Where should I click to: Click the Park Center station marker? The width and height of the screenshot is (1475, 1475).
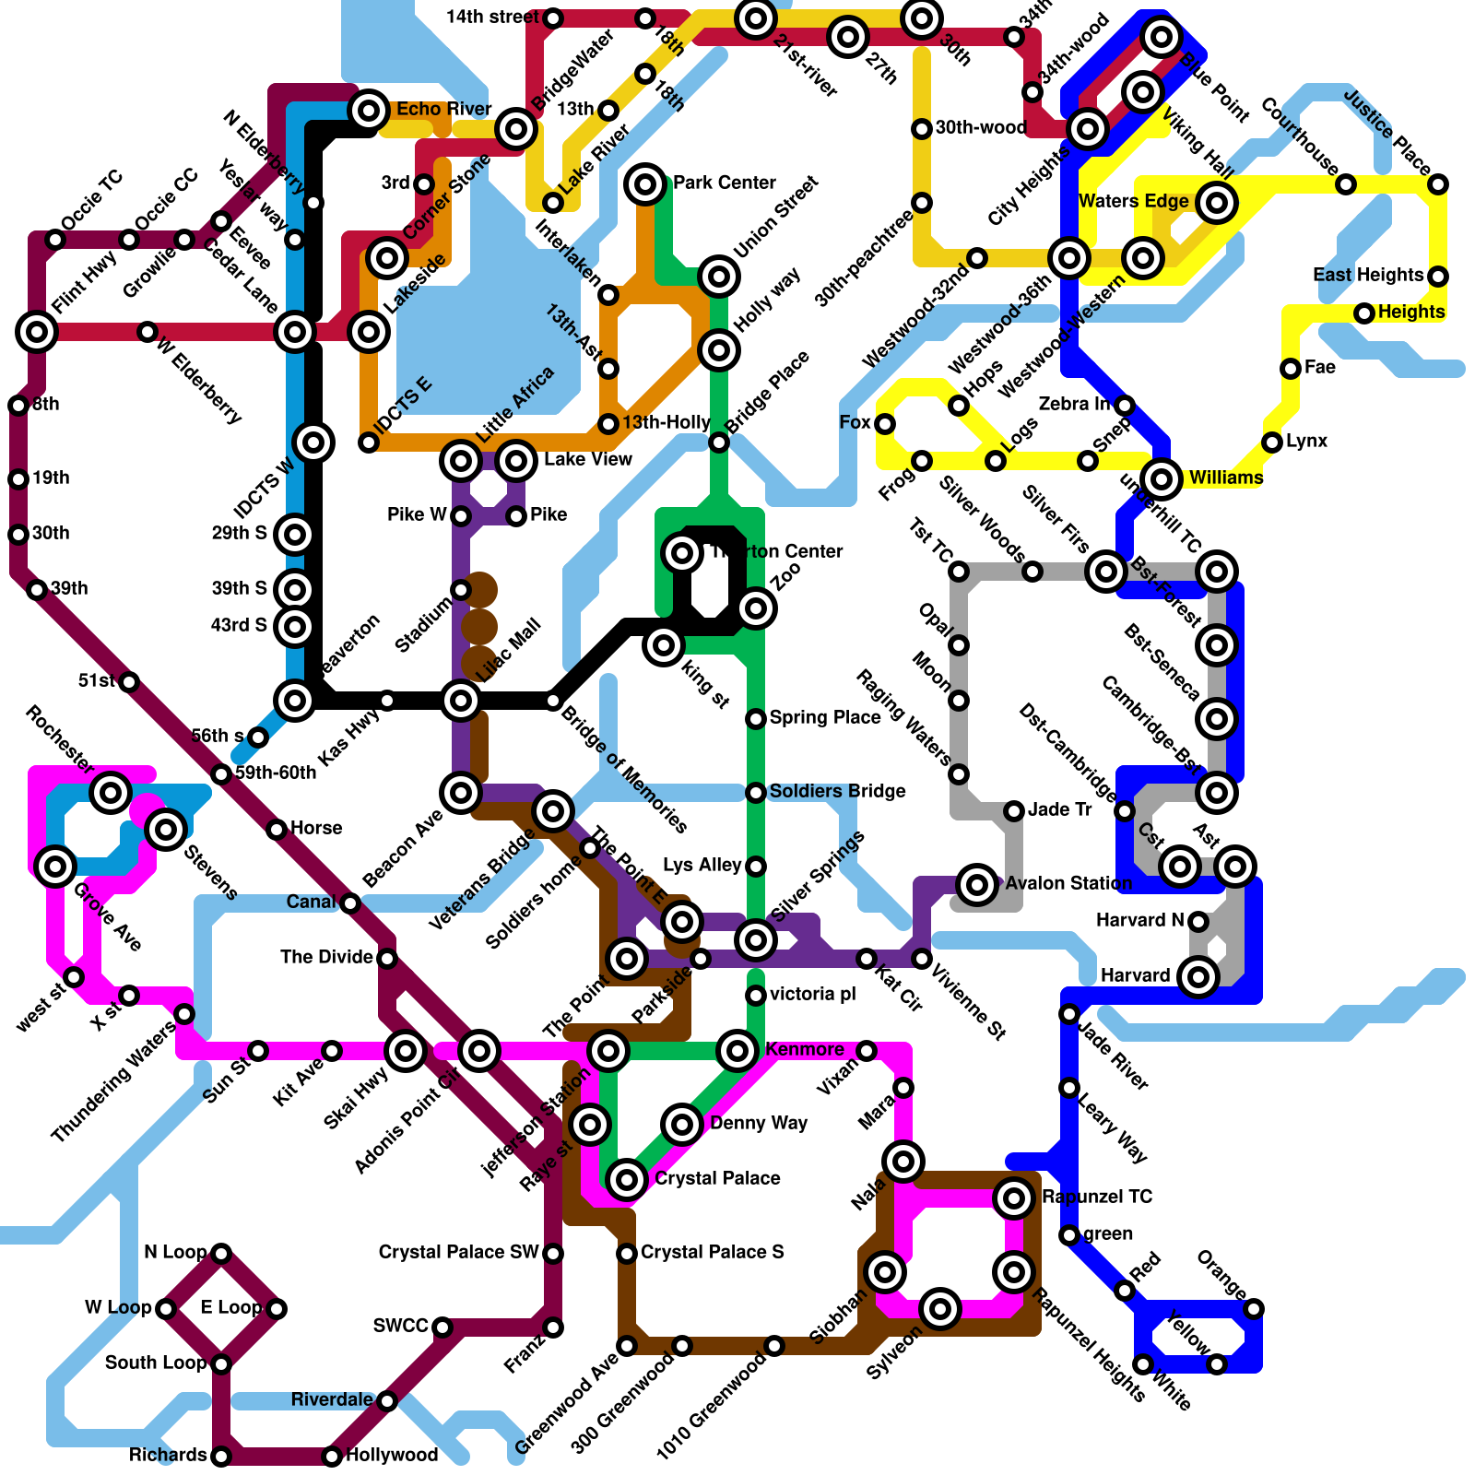[x=645, y=183]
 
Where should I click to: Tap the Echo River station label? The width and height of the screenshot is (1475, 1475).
[x=444, y=110]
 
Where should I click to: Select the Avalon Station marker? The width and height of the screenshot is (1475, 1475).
[x=977, y=884]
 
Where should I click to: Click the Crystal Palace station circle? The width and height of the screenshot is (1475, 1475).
[x=627, y=1179]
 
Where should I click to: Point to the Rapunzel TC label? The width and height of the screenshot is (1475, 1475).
[x=1097, y=1197]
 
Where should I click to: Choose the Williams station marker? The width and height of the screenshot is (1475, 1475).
[x=1162, y=478]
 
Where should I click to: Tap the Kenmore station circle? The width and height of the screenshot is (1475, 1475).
[x=737, y=1050]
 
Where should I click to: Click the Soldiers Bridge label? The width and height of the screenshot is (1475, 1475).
[x=837, y=791]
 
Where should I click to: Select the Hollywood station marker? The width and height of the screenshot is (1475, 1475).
[x=332, y=1457]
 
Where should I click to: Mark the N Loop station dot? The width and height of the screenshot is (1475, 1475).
[x=221, y=1253]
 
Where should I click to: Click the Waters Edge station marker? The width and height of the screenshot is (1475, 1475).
[x=1217, y=202]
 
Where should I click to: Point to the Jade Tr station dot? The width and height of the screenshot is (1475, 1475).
[x=1014, y=810]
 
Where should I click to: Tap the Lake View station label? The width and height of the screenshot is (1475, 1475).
[x=587, y=459]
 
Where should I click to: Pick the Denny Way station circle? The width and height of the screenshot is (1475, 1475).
[x=682, y=1124]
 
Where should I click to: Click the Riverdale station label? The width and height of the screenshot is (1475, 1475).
[x=332, y=1399]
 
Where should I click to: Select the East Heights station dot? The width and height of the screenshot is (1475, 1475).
[x=1438, y=276]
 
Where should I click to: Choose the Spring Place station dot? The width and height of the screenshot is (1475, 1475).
[x=756, y=718]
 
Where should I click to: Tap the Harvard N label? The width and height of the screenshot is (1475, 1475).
[x=1139, y=920]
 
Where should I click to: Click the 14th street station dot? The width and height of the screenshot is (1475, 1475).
[x=553, y=18]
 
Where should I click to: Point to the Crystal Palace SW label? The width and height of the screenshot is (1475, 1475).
[x=458, y=1252]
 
